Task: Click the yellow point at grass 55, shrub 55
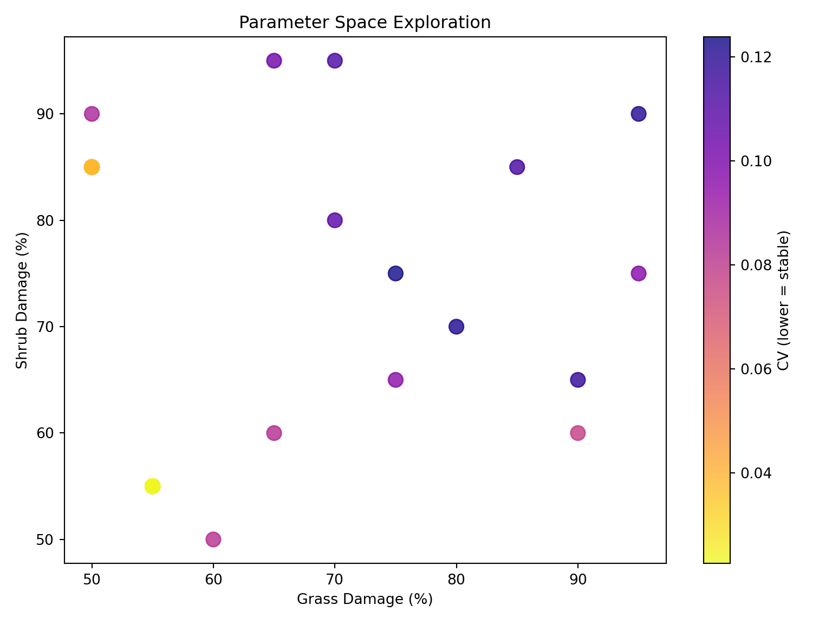point(153,486)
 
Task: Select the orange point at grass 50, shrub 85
point(92,167)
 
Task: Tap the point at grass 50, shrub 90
point(92,114)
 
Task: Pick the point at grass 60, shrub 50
point(213,539)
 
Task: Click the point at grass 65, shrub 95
point(274,61)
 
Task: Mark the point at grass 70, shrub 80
point(335,220)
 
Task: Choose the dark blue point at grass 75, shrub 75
point(395,274)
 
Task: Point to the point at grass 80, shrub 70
point(456,327)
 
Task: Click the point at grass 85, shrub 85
point(517,167)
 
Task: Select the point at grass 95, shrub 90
point(639,114)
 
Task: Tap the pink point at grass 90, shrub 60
point(578,433)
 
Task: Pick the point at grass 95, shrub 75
point(639,274)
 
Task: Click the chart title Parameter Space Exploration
point(365,23)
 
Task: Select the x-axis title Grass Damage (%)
point(365,600)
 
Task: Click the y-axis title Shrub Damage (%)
point(22,300)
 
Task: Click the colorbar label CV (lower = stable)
point(783,300)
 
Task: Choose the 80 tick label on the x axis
point(456,580)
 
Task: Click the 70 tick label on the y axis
point(48,327)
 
